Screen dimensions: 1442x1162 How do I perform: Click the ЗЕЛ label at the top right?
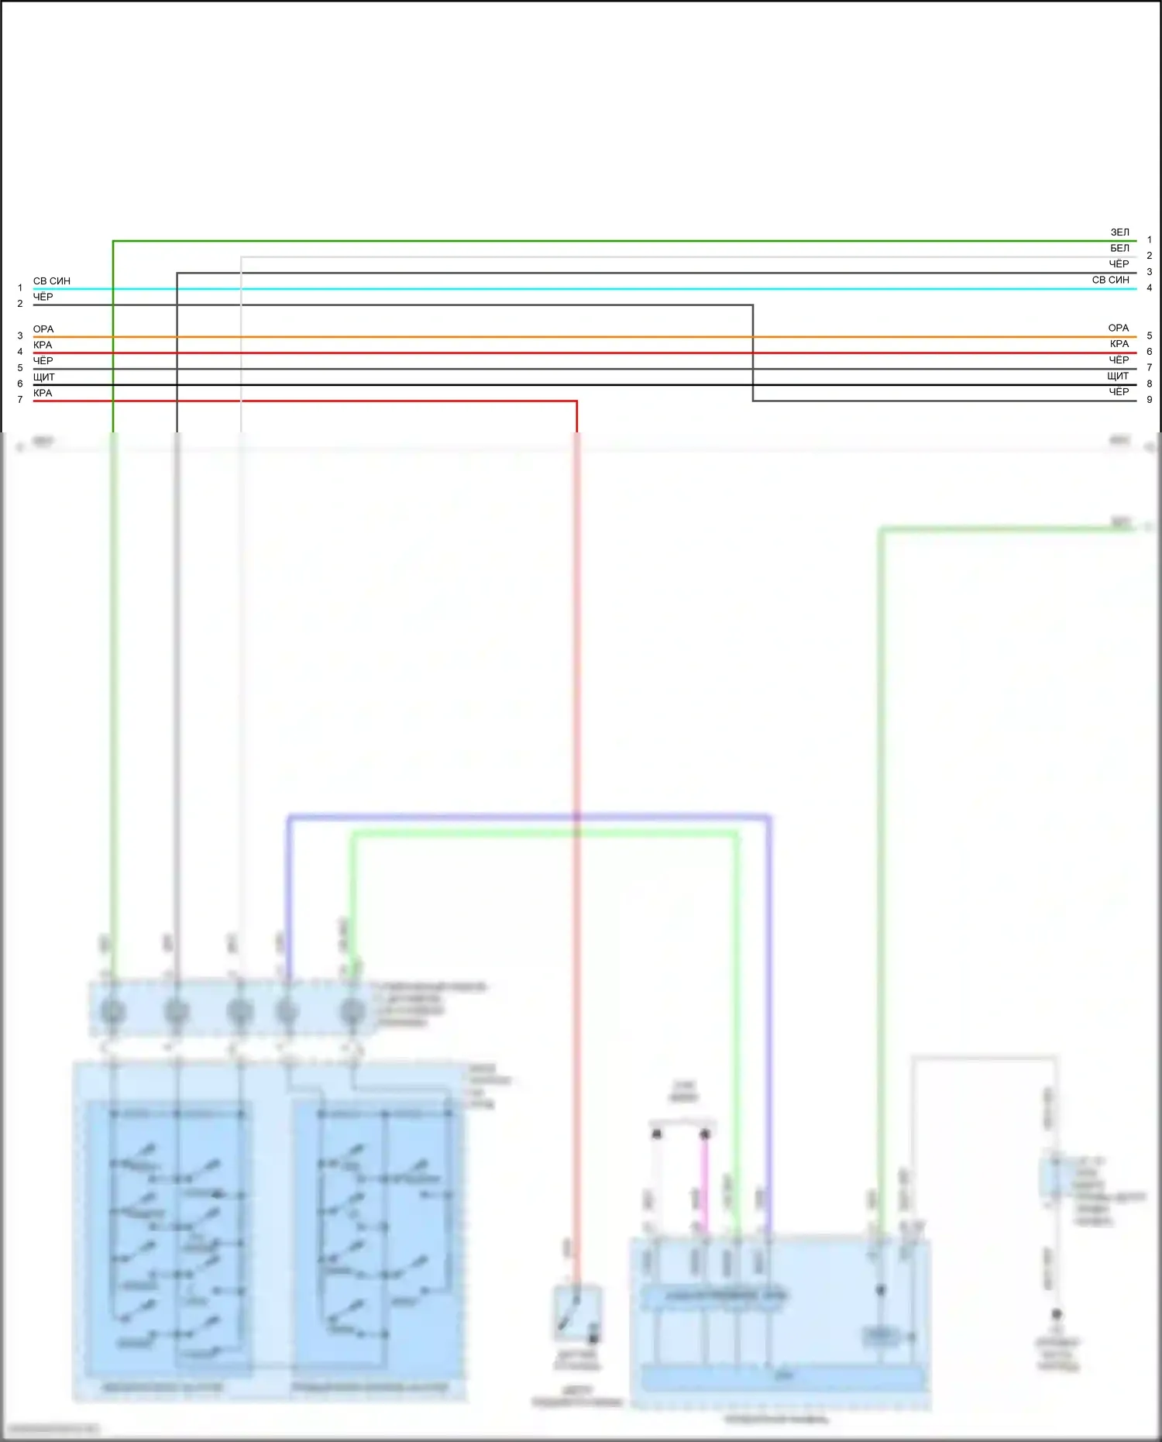pos(1119,232)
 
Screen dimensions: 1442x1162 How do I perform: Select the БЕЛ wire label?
pos(1119,248)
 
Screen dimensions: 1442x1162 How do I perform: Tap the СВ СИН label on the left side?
pos(51,280)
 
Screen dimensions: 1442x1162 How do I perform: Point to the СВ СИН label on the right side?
pos(1110,280)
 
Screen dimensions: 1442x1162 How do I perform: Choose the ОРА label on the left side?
pos(43,329)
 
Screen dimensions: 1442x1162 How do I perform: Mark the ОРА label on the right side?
pos(1118,328)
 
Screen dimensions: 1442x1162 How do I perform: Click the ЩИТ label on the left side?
pos(44,377)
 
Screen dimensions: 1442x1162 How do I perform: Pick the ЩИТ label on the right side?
pos(1118,376)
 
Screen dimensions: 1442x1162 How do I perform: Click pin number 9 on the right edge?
pos(1149,400)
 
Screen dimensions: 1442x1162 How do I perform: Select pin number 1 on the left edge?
pos(20,288)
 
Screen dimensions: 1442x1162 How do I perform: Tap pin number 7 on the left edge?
pos(20,400)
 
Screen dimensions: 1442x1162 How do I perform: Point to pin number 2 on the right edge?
pos(1149,256)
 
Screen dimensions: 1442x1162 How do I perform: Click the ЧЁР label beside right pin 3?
pos(1119,264)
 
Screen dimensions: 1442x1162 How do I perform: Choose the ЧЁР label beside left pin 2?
pos(43,297)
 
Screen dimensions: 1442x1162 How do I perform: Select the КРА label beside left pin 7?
pos(43,393)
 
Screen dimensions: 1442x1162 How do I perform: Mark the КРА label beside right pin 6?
pos(1119,344)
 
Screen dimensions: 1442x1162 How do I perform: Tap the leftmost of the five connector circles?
pos(113,1011)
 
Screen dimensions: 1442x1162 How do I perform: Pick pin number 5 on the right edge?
pos(1149,336)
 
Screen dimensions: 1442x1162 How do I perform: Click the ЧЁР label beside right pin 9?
pos(1119,392)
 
